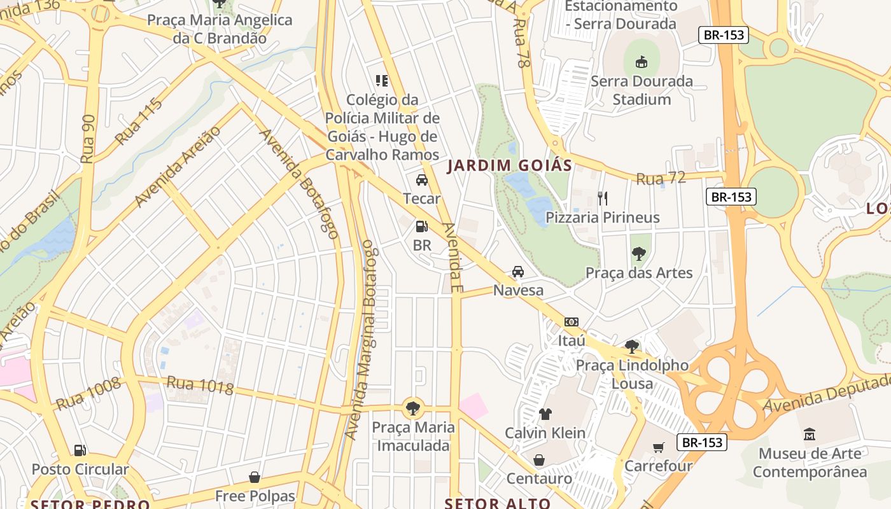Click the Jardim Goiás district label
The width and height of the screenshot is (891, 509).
509,166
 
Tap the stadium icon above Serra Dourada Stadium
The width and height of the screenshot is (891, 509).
642,62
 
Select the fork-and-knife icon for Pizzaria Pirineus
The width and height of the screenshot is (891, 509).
602,199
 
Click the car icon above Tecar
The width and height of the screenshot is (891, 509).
421,180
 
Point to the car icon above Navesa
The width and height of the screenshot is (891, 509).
518,272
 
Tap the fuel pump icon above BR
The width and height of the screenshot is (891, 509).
421,226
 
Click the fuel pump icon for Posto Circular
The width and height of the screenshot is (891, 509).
80,450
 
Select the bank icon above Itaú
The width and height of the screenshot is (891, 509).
571,322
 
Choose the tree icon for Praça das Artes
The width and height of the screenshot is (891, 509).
638,254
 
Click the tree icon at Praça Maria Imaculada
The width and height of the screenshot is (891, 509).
413,408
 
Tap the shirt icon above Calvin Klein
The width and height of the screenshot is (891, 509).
545,414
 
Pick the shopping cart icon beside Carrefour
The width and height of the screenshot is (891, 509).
658,447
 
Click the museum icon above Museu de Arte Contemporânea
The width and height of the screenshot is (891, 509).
810,435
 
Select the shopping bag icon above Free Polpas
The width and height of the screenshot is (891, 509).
255,477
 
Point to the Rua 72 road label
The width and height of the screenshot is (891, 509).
661,179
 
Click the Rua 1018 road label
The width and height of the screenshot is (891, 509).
200,384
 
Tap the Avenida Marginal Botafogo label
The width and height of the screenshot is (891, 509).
361,340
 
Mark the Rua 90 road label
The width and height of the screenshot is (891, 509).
88,139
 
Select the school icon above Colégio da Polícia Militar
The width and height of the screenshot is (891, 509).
382,81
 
